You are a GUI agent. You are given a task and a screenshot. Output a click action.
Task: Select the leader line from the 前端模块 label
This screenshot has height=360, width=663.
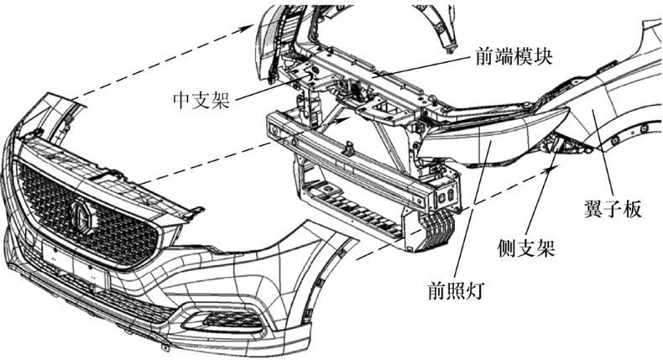tap(420, 68)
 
